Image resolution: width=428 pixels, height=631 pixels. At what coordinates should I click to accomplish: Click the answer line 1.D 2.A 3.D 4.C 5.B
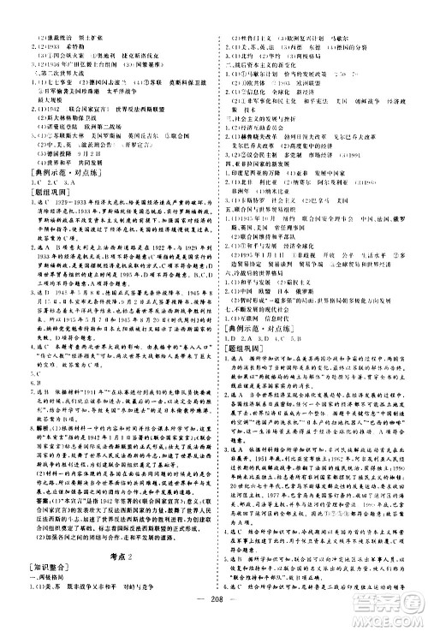pyautogui.click(x=265, y=384)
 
